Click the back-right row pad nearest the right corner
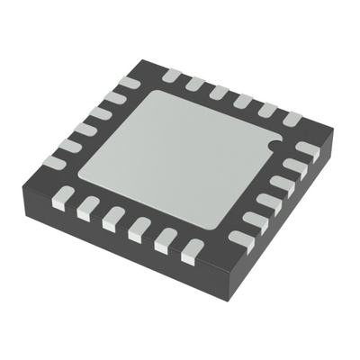click(291, 118)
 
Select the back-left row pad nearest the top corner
click(129, 84)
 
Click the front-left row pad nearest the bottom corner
click(191, 251)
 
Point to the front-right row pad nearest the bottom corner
click(241, 239)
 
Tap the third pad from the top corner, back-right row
click(219, 93)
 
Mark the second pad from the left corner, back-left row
click(70, 146)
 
